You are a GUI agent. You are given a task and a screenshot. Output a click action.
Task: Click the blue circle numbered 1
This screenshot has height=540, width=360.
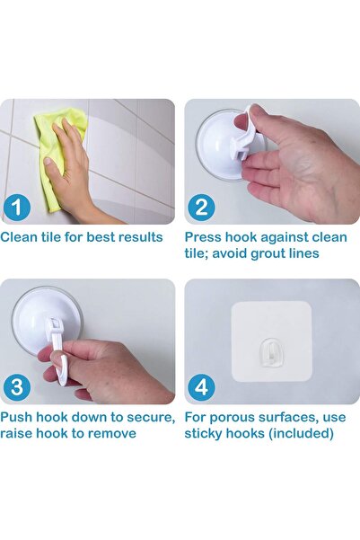coord(17,207)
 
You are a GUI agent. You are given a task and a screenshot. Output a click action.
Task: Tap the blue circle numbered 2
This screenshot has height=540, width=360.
coord(201,207)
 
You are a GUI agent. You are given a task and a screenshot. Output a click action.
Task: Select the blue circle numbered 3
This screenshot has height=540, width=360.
coord(17,387)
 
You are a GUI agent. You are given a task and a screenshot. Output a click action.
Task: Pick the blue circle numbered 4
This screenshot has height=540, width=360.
coord(201,387)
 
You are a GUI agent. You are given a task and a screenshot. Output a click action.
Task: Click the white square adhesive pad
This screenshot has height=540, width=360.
coord(271,341)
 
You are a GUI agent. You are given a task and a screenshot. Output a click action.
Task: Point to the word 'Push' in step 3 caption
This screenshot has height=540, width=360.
coord(16,417)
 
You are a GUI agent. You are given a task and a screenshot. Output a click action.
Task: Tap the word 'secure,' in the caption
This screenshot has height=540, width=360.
coord(151,418)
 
